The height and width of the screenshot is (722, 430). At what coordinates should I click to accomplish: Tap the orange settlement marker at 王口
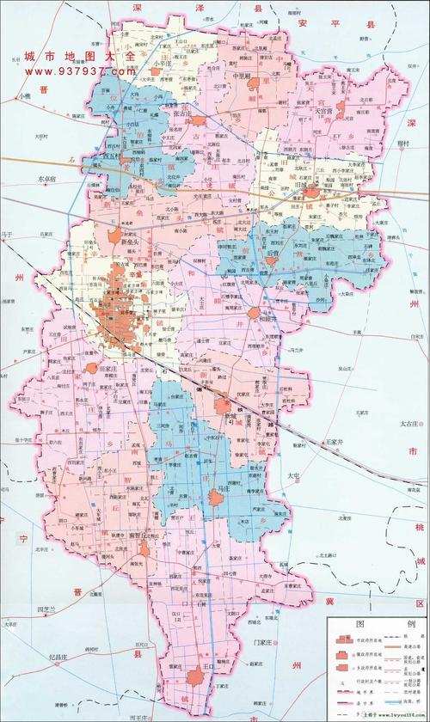tap(199, 677)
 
